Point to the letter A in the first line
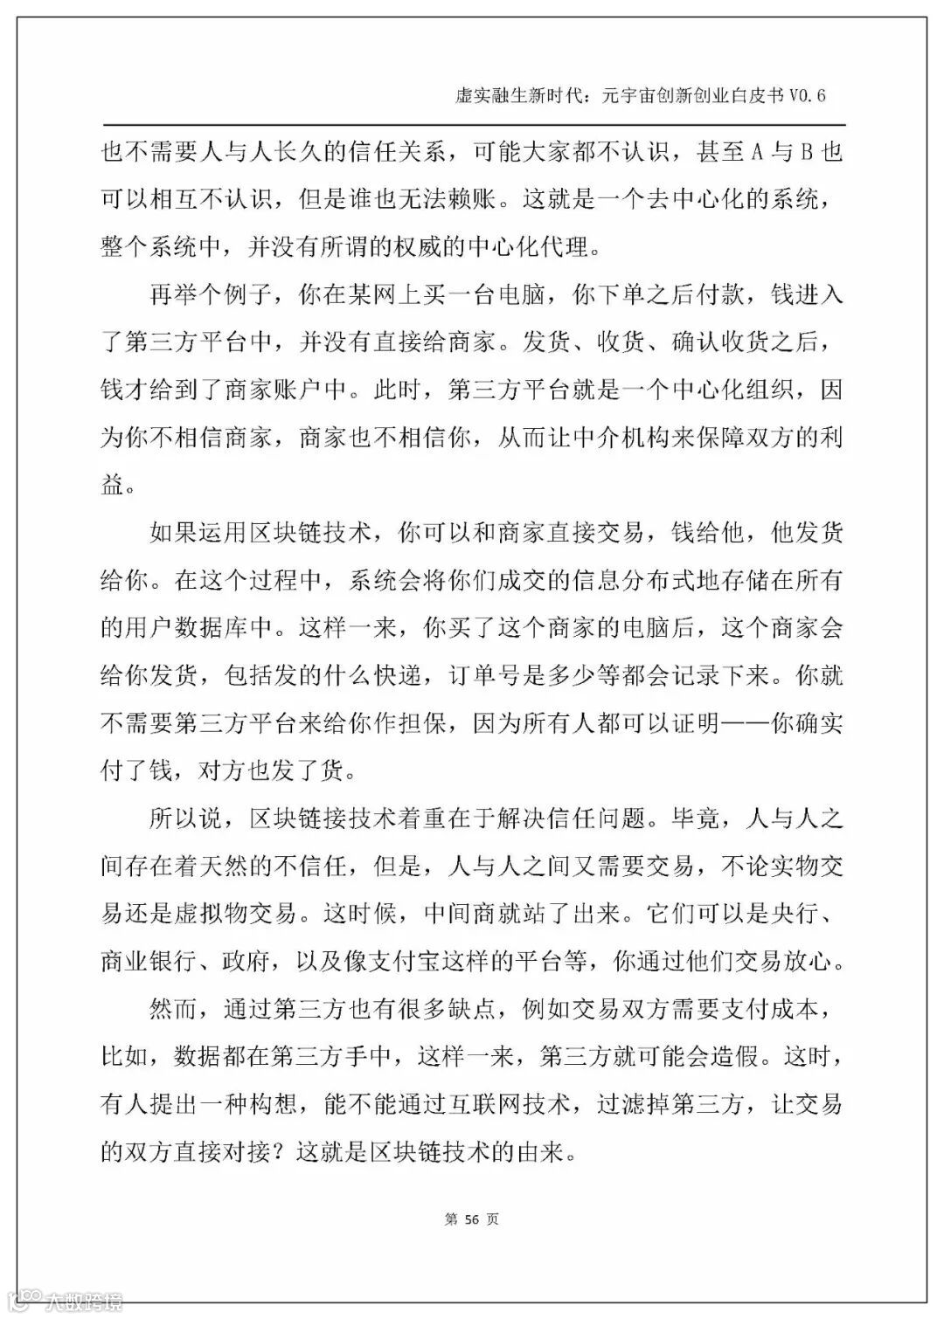(x=759, y=153)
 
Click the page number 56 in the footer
(x=471, y=1219)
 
